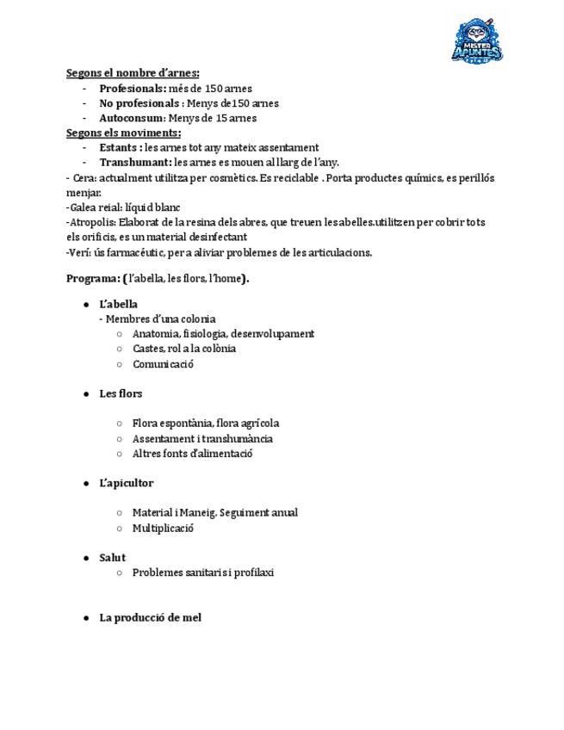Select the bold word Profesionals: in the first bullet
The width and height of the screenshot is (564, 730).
point(133,88)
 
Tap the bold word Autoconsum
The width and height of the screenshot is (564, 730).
point(131,118)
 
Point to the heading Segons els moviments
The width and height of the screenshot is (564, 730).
point(124,133)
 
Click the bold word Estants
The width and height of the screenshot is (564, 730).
point(120,147)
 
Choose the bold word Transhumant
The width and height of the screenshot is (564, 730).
point(135,162)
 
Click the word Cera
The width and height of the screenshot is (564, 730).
point(84,177)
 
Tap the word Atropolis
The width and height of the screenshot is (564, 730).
point(90,222)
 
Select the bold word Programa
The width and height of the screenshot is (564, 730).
point(93,278)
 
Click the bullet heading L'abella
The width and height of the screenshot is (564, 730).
point(118,304)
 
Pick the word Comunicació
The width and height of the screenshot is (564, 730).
point(163,363)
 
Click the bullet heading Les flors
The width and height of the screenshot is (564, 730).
point(121,393)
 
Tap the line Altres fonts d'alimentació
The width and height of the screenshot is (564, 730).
point(192,453)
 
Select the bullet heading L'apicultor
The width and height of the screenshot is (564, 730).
point(126,483)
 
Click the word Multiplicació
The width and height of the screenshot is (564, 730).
point(163,528)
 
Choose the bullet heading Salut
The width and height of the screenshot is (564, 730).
point(112,558)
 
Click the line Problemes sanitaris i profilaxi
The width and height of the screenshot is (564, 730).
point(202,572)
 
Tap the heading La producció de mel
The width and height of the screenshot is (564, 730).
point(150,617)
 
